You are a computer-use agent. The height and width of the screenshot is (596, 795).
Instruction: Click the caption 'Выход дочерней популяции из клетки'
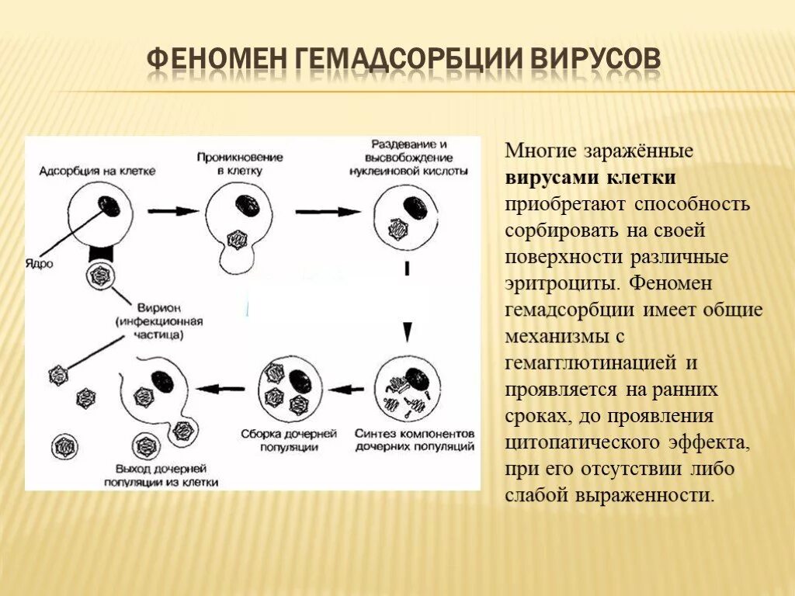(x=160, y=475)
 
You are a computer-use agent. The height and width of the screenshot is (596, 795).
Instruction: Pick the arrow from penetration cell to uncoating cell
(x=328, y=210)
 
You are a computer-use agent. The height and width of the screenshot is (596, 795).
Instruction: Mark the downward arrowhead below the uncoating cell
(x=406, y=332)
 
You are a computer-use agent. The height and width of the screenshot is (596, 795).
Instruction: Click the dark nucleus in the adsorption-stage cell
(x=109, y=206)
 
